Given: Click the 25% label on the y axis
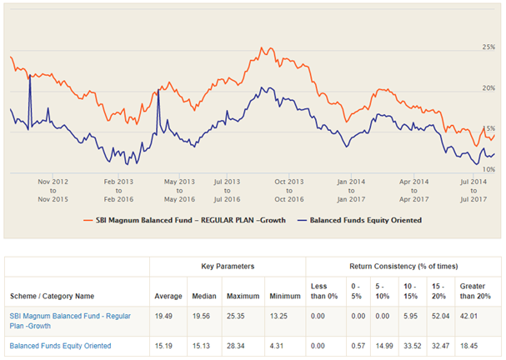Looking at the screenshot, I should (x=489, y=47).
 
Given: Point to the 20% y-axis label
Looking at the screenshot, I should (x=489, y=87).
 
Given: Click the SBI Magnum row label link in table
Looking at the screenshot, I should (x=70, y=322).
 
